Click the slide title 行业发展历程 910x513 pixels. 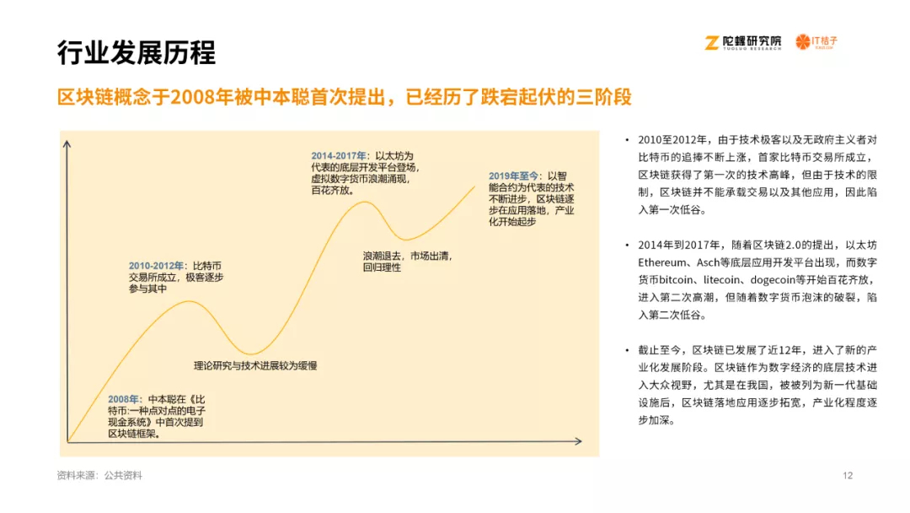coord(136,53)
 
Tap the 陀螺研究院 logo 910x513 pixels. coord(743,42)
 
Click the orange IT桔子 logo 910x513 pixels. coord(816,42)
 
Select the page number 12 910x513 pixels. coord(848,475)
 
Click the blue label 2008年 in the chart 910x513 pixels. coord(123,399)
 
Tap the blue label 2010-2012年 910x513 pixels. coord(156,266)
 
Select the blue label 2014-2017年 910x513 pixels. coord(339,156)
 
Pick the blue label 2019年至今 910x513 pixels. coord(513,176)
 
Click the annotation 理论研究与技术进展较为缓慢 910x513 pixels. coord(255,365)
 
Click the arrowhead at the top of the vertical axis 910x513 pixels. coord(67,144)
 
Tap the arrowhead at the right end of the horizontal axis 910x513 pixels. coord(578,441)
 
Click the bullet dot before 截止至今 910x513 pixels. coord(627,350)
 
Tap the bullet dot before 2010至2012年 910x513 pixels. coord(627,140)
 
